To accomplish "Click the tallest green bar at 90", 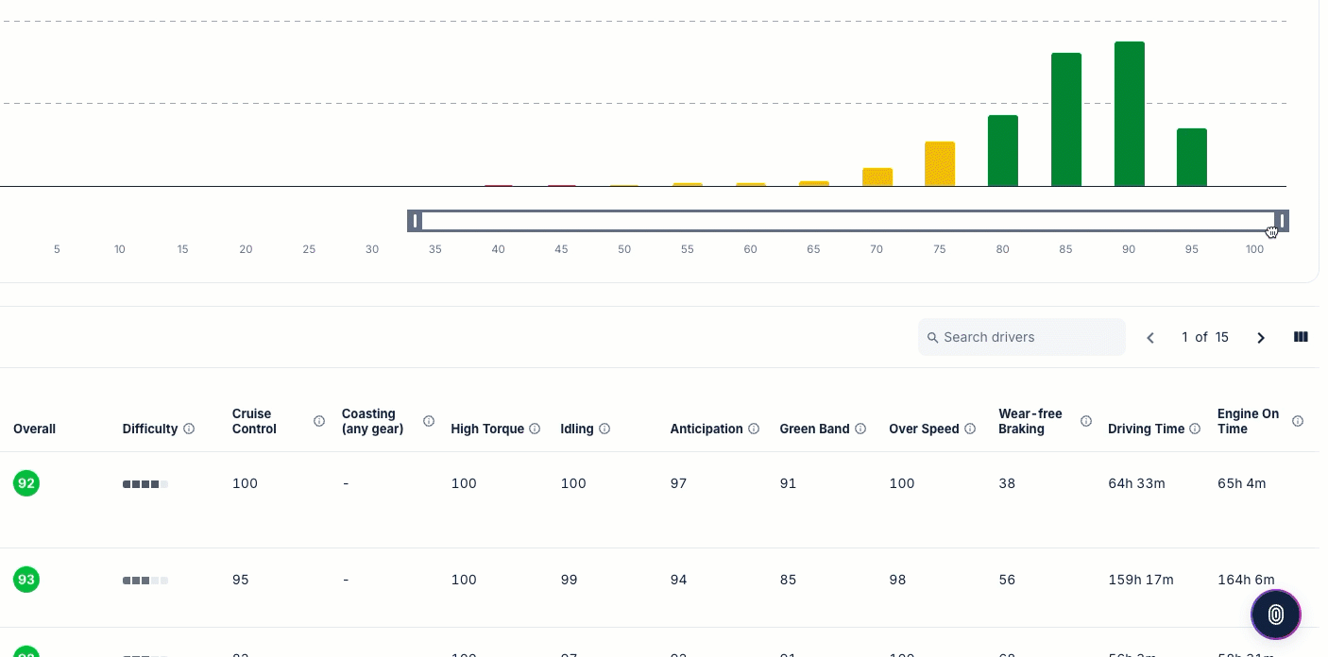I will coord(1129,113).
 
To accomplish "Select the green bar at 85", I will coord(1065,119).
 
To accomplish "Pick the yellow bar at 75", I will coord(939,163).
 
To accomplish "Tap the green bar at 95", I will coord(1191,157).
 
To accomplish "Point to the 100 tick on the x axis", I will coord(1254,249).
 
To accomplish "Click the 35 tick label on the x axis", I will coord(434,249).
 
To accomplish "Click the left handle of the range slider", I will coord(415,221).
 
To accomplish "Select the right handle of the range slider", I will coord(1282,221).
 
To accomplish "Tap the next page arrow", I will coord(1260,338).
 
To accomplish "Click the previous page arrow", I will coord(1150,338).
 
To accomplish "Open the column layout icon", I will coord(1301,337).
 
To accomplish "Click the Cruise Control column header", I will coord(252,421).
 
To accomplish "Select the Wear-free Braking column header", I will coord(1030,421).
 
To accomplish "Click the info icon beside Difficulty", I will coord(189,429).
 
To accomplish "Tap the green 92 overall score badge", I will coord(26,483).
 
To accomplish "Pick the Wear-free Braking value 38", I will coord(1007,483).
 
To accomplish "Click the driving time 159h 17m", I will coord(1140,580).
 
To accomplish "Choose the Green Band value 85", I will coord(788,580).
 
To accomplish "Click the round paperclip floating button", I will coord(1275,615).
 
